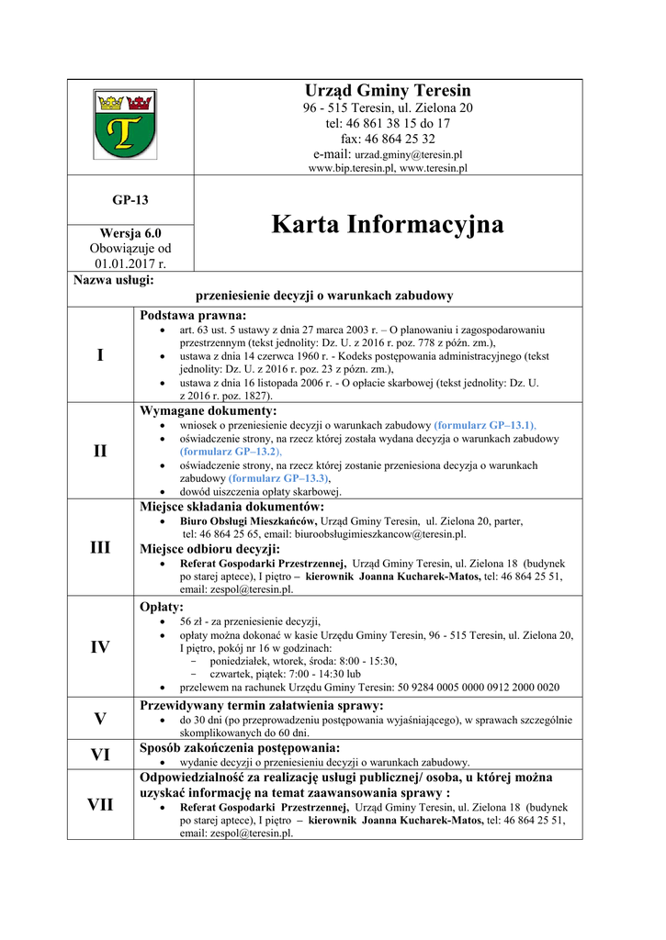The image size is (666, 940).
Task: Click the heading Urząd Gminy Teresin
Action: coord(388,90)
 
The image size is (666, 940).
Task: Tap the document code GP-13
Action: coord(130,199)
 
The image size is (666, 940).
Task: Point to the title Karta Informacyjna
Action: coord(388,224)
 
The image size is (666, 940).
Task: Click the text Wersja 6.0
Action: coord(130,233)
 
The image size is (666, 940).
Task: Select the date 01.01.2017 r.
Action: coord(130,263)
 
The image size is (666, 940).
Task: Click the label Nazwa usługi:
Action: coord(114,279)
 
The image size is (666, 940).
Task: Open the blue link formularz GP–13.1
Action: coord(484,426)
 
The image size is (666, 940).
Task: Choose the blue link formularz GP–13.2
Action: coord(230,452)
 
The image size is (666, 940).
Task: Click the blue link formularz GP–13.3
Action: coord(277,478)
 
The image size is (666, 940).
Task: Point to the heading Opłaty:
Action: coord(162,607)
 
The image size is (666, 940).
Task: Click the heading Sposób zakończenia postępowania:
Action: coord(239,747)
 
